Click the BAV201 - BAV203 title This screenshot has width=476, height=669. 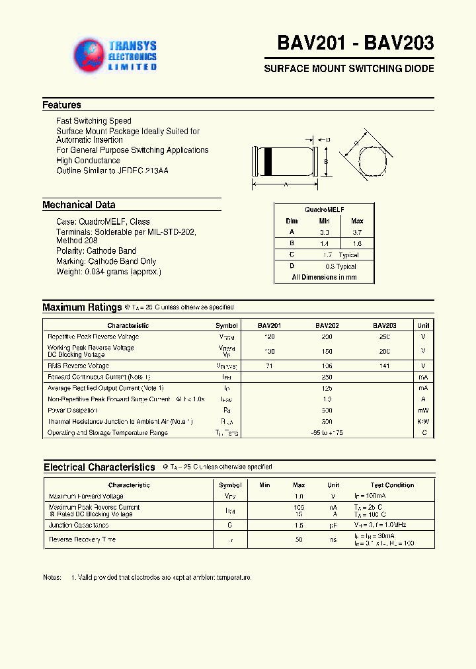click(x=355, y=44)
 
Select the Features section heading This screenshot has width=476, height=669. click(x=61, y=105)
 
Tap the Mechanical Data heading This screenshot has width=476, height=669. click(x=79, y=205)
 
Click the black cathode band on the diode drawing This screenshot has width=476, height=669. click(x=268, y=160)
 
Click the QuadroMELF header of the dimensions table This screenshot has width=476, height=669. click(x=324, y=209)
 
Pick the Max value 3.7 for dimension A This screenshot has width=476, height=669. click(x=357, y=232)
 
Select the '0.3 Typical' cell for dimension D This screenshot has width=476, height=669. click(x=341, y=266)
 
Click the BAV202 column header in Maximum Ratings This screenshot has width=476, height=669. click(x=327, y=325)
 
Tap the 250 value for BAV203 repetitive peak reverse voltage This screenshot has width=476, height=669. click(x=384, y=337)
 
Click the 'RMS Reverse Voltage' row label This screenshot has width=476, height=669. click(x=78, y=366)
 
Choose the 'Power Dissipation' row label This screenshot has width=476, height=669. click(x=73, y=411)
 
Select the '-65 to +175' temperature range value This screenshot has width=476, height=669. click(x=327, y=433)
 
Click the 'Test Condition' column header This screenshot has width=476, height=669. click(x=392, y=485)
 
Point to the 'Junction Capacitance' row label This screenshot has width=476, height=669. click(x=79, y=525)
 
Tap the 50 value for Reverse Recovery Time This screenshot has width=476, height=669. click(x=299, y=540)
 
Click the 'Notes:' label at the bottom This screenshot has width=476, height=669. click(x=52, y=578)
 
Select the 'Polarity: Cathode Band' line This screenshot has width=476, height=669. click(x=96, y=251)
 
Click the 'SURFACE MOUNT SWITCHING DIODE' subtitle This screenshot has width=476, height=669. click(x=349, y=69)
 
